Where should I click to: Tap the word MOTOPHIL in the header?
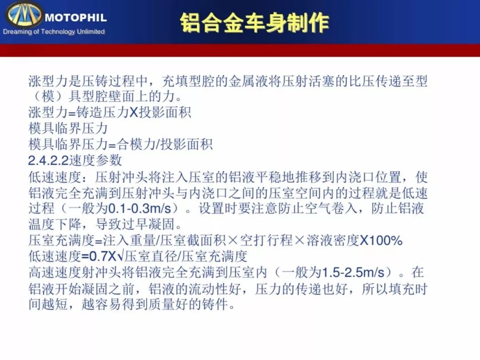[76, 17]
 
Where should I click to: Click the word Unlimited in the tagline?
[91, 31]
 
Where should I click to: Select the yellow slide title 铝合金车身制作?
[254, 23]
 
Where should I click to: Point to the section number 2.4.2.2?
[48, 160]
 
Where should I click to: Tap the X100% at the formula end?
[381, 240]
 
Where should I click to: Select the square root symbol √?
[120, 256]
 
